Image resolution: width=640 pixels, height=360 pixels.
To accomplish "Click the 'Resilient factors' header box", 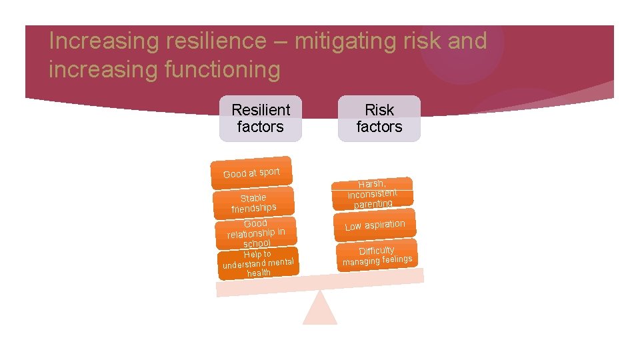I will pos(260,118).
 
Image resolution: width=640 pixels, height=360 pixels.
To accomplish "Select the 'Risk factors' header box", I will pos(379,118).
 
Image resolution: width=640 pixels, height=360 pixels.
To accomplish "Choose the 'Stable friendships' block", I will pos(253,203).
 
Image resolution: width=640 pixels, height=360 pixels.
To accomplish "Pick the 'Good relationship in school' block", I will pos(256,233).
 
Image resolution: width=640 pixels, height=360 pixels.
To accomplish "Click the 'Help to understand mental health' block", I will pos(257,263).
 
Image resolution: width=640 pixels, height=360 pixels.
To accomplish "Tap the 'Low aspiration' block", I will pos(375,225).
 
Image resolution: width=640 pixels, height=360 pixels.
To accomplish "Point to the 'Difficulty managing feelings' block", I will pos(377,255).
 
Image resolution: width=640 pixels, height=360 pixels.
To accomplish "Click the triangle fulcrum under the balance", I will pos(320,309).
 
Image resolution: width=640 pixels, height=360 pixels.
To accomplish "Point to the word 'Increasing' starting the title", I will pos(92,41).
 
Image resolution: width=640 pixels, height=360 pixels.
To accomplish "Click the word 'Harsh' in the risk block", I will pos(371,183).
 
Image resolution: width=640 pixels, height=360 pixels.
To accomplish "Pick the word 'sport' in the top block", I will pos(269,171).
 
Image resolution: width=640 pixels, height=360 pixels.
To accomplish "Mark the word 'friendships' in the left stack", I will pos(253,208).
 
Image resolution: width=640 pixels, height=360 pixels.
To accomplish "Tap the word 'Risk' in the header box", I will pos(379,110).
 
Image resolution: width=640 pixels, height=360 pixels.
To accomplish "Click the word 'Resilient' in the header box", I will pos(261,110).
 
